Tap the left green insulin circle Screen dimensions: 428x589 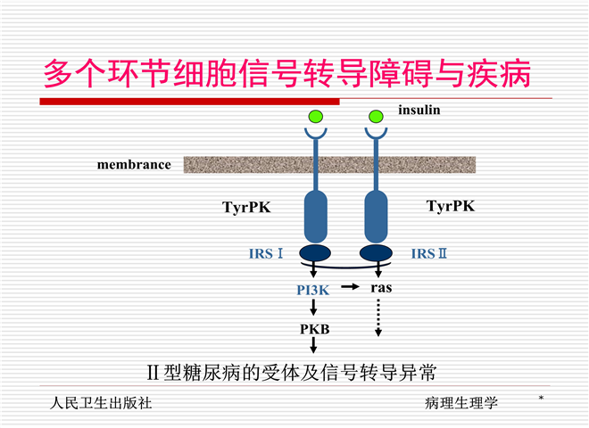click(315, 116)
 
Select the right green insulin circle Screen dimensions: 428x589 click(377, 116)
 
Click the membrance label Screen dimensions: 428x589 click(134, 165)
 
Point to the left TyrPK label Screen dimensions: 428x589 click(246, 208)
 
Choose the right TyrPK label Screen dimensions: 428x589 click(451, 206)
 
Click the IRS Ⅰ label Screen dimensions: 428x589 click(266, 254)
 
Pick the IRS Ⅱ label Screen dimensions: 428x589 click(429, 254)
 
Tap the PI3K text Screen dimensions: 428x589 click(314, 289)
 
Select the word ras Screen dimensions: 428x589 click(381, 288)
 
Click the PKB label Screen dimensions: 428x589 click(314, 329)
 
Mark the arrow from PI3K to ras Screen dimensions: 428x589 click(351, 288)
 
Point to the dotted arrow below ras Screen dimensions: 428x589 click(378, 318)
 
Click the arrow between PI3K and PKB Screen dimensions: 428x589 click(314, 309)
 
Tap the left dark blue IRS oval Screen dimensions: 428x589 click(315, 253)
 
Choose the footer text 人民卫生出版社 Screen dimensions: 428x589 click(101, 403)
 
